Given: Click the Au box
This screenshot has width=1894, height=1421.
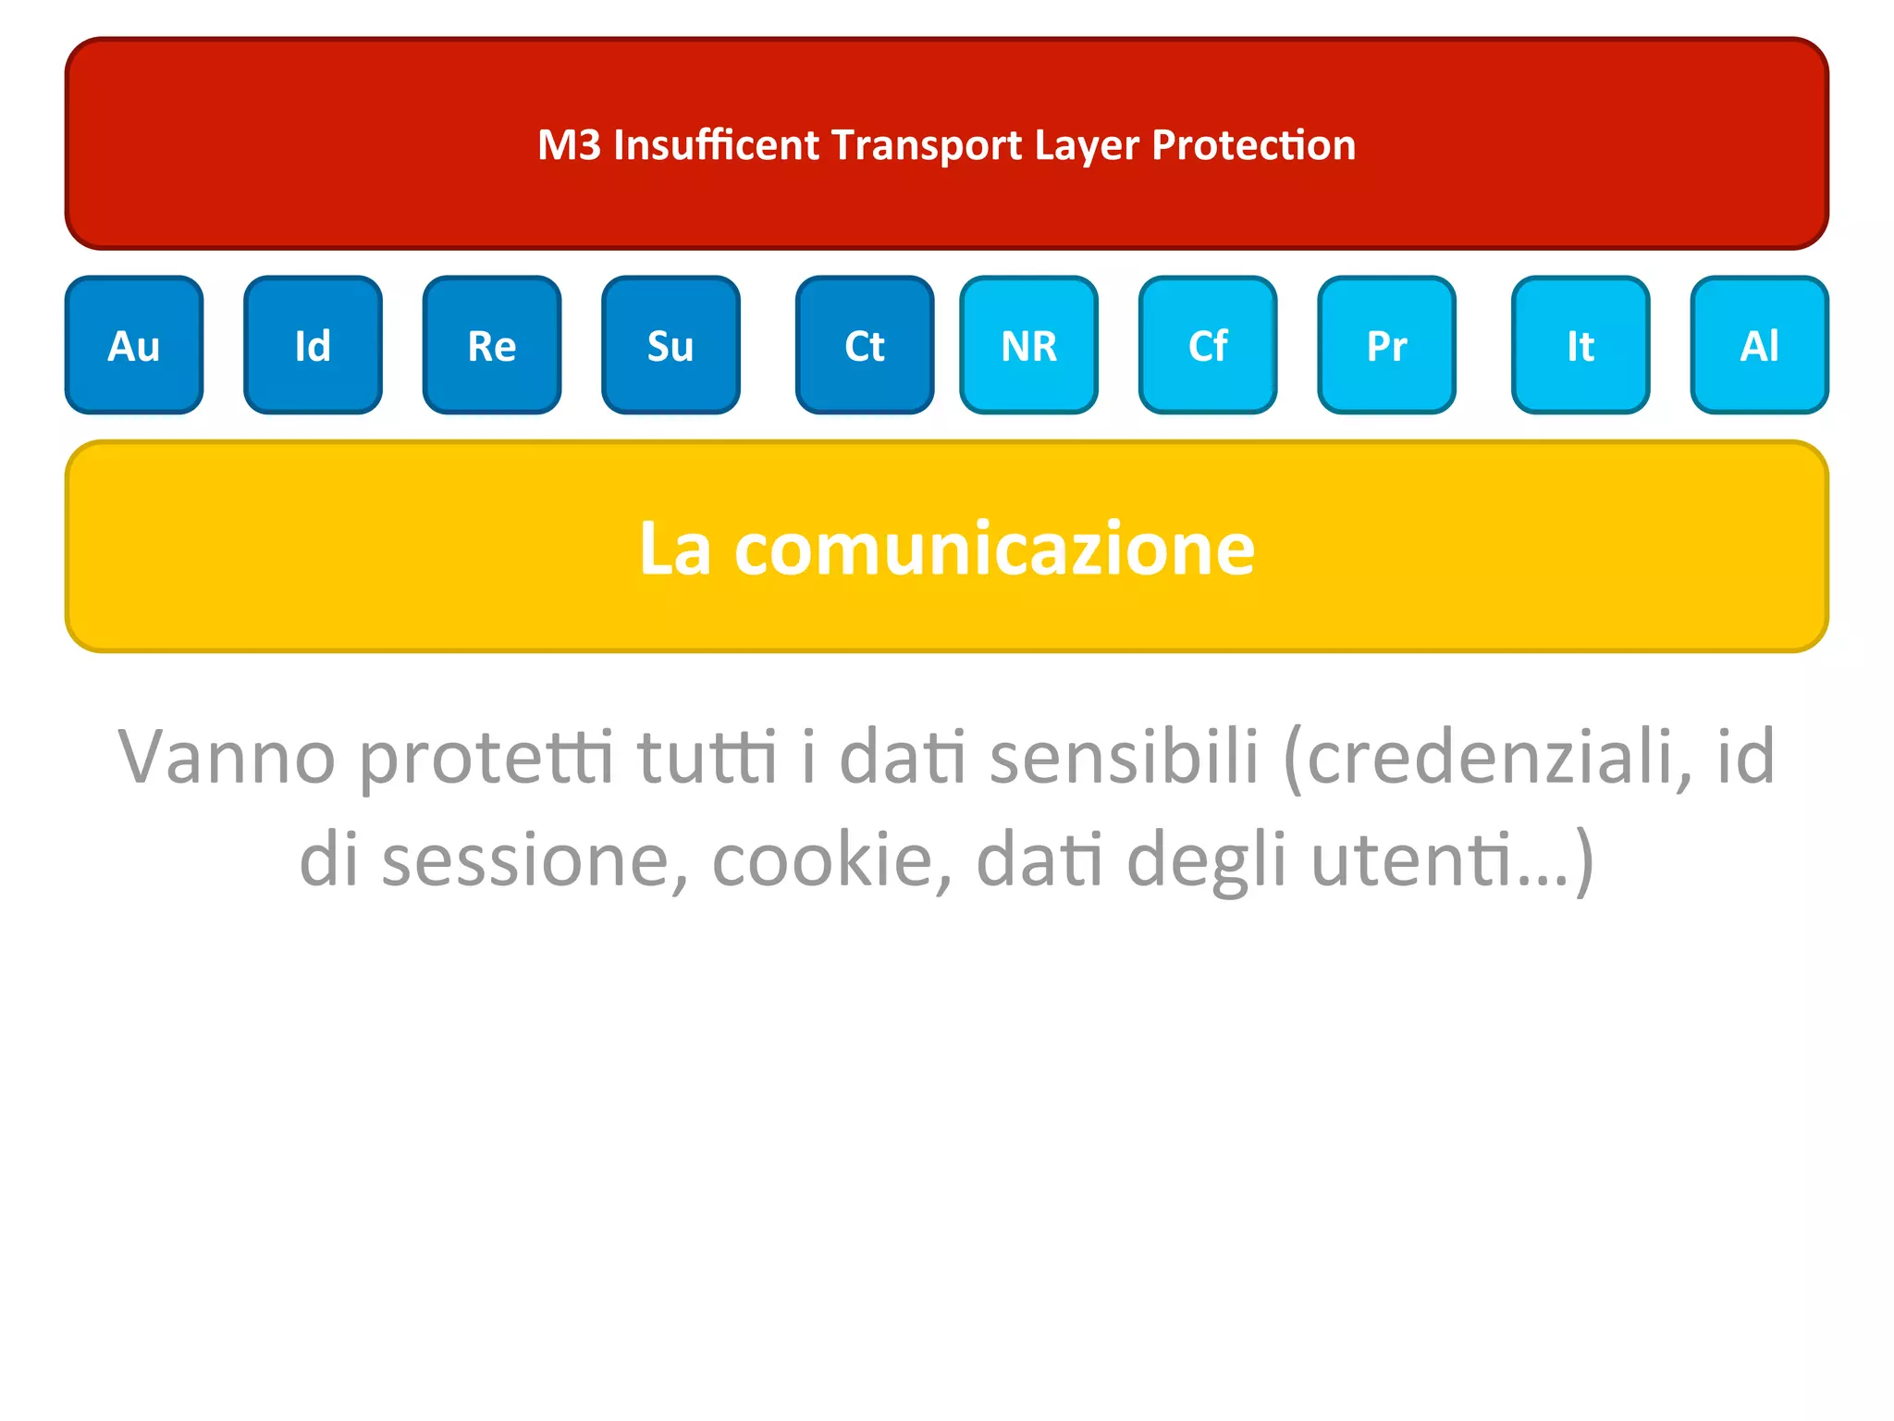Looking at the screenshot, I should pyautogui.click(x=134, y=345).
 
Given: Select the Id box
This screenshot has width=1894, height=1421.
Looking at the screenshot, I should pyautogui.click(x=313, y=345).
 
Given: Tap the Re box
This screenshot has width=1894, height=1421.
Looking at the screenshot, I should pyautogui.click(x=491, y=345).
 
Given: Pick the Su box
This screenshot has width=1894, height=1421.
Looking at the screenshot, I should pyautogui.click(x=670, y=345).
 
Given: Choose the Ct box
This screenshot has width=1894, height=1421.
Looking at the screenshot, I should pyautogui.click(x=865, y=345).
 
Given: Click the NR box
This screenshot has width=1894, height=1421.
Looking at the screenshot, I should pyautogui.click(x=1028, y=345).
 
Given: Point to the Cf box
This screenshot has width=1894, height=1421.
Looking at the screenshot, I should pyautogui.click(x=1208, y=345).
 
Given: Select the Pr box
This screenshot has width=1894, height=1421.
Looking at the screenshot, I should pyautogui.click(x=1386, y=345).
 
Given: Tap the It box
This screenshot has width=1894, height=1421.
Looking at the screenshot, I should pyautogui.click(x=1580, y=345).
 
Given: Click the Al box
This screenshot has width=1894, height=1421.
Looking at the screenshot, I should pyautogui.click(x=1759, y=345).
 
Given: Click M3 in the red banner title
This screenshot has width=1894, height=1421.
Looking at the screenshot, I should pyautogui.click(x=568, y=145).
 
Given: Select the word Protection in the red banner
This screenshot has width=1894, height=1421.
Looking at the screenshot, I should pyautogui.click(x=1253, y=145).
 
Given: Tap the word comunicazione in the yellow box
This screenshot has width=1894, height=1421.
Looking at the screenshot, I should pyautogui.click(x=994, y=549).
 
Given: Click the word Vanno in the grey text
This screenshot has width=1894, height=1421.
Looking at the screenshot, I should pyautogui.click(x=227, y=757).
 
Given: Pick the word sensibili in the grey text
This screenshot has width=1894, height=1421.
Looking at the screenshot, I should pyautogui.click(x=1125, y=757).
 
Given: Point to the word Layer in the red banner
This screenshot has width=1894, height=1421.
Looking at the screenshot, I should pyautogui.click(x=1086, y=145).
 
